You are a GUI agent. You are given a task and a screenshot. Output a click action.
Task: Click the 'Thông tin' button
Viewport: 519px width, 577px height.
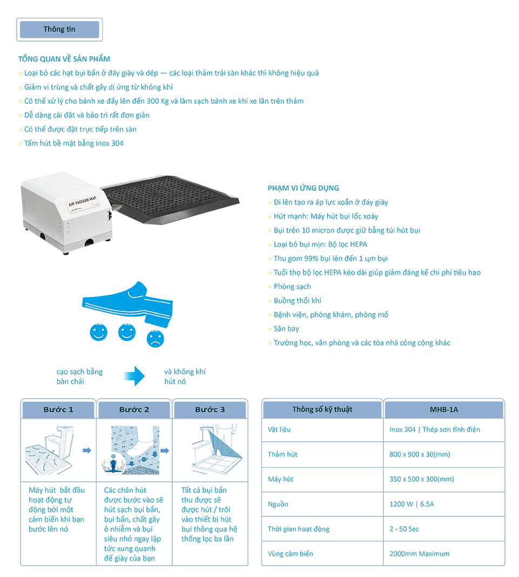point(59,29)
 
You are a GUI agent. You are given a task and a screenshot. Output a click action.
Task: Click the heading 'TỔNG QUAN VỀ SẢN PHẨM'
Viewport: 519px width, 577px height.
point(64,59)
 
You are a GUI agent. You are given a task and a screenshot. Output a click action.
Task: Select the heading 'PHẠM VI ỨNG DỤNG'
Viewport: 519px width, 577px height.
point(303,188)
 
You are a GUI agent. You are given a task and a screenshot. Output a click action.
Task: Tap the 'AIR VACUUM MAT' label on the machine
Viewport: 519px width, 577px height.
point(83,201)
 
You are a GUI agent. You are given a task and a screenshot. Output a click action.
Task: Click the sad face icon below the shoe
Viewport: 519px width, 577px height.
point(155,339)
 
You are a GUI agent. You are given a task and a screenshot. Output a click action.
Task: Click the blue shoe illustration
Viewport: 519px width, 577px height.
point(127,303)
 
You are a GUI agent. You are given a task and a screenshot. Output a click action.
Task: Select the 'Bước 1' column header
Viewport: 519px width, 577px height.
point(58,409)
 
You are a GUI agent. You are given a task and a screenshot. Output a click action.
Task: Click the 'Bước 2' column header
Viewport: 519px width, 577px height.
point(134,409)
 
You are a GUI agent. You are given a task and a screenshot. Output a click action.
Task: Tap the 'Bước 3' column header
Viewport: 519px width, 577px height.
point(210,409)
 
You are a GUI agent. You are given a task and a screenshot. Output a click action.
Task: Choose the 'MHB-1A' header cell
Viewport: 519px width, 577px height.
point(444,409)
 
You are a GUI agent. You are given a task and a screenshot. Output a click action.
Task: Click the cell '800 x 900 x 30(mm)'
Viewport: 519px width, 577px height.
point(420,454)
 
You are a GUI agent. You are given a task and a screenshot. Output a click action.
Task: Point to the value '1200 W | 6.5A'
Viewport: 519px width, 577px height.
point(412,504)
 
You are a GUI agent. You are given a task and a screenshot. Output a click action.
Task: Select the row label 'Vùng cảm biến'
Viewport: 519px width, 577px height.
point(291,554)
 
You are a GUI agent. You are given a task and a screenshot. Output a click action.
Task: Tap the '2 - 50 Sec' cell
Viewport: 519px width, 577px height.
point(405,529)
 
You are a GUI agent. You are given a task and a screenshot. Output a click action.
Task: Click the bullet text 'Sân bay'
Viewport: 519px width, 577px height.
point(286,329)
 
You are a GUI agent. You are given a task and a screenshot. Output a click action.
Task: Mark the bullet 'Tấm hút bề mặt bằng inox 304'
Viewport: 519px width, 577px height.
point(74,143)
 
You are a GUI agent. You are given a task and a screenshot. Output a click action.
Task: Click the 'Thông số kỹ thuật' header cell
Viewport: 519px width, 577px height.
point(322,409)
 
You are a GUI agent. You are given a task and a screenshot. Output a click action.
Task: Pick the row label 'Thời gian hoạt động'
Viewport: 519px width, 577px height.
point(299,529)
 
